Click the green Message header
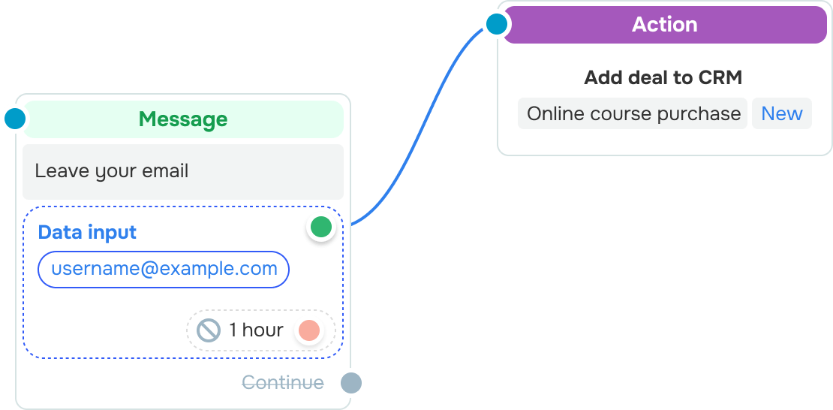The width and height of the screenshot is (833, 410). point(183,119)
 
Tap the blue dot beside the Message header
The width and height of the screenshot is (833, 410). point(15,118)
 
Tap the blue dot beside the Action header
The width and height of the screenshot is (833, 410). point(497,24)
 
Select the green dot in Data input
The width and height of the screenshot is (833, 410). point(321,227)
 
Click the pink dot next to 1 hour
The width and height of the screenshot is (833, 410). point(309,330)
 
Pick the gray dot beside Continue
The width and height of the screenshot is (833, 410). point(351,383)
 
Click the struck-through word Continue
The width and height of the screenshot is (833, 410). point(283,382)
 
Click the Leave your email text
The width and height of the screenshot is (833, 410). point(112,171)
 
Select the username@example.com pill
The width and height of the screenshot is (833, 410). point(164,269)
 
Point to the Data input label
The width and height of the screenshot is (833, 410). point(87,232)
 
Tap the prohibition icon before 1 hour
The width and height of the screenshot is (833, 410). point(209,330)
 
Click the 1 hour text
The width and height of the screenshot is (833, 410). point(256,330)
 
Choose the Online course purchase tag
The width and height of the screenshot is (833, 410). point(633,113)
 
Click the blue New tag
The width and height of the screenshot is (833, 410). point(781,113)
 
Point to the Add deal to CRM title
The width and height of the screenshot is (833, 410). point(663,78)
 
